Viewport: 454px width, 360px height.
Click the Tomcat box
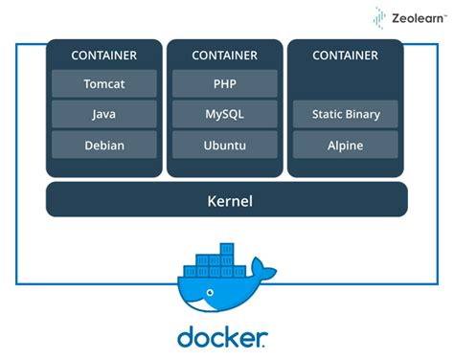[x=103, y=83]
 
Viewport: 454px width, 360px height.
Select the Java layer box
[x=103, y=114]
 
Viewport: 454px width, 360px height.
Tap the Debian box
[x=103, y=146]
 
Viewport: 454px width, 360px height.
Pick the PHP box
[x=224, y=83]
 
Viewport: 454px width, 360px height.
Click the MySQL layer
[x=224, y=114]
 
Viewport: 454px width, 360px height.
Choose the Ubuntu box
[x=224, y=146]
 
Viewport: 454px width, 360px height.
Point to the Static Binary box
[x=346, y=114]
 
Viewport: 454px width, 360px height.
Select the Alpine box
[x=346, y=146]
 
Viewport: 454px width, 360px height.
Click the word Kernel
[x=227, y=200]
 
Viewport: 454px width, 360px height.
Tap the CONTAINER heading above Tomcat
[x=103, y=56]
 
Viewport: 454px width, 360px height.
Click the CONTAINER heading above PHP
[x=224, y=56]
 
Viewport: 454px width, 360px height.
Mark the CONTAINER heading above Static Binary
[x=346, y=56]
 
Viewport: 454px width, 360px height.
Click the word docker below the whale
[x=222, y=337]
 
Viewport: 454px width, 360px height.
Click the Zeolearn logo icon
[x=380, y=16]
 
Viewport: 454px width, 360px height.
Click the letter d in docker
[x=186, y=337]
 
